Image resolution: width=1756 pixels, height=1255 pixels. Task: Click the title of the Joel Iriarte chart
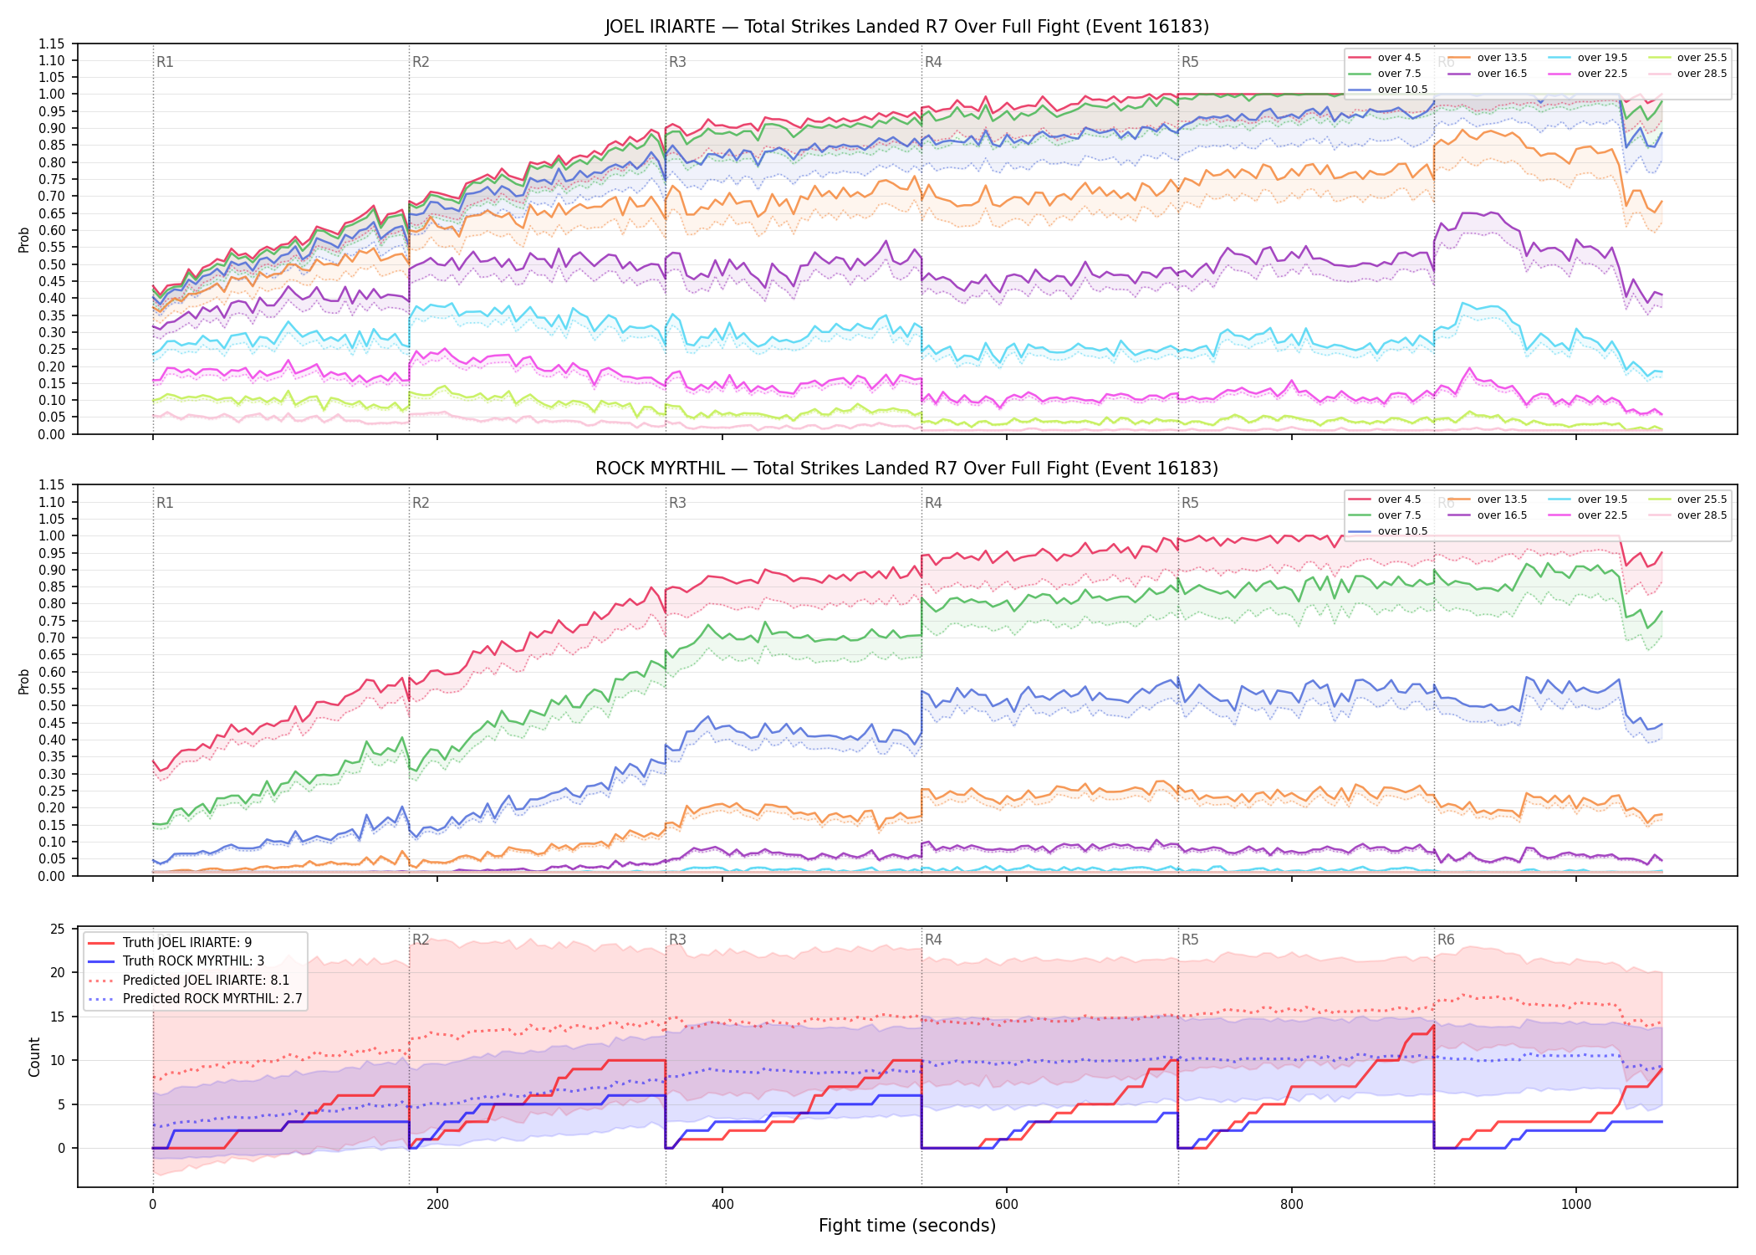click(907, 27)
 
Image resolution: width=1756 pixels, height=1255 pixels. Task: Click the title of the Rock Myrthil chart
click(907, 469)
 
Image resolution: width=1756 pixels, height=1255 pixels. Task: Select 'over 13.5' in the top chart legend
click(1502, 58)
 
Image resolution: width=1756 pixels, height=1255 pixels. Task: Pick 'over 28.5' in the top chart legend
click(1702, 74)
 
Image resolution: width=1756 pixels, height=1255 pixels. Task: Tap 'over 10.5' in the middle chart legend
click(1402, 531)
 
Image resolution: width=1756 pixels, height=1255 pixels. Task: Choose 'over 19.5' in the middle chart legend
click(1602, 499)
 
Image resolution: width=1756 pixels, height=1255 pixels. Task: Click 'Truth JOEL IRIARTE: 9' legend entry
click(187, 943)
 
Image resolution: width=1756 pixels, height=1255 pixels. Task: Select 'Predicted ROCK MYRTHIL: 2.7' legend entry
click(212, 999)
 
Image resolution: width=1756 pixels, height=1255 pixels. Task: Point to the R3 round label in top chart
click(677, 62)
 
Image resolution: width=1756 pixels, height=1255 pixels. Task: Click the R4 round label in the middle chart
click(933, 503)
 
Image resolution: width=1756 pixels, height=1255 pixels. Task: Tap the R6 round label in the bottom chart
click(1446, 940)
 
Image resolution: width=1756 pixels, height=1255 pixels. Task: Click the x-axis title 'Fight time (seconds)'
click(907, 1226)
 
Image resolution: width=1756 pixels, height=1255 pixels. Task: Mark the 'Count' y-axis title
click(34, 1057)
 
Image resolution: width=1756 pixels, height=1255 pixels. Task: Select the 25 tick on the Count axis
click(58, 929)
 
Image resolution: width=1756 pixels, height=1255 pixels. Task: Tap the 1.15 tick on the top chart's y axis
click(51, 44)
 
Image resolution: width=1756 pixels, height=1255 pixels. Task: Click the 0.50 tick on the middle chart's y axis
click(51, 705)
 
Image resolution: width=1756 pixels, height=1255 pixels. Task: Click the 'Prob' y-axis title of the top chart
click(23, 239)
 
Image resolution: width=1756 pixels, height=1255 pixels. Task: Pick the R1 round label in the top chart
click(165, 62)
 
